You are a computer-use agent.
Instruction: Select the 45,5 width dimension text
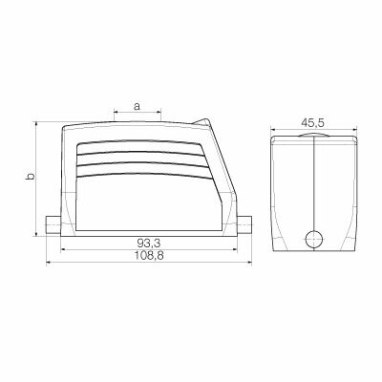[313, 121]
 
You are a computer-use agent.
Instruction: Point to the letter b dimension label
[29, 178]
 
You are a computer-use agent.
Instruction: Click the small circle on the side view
[314, 239]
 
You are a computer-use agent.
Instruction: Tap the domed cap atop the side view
[314, 136]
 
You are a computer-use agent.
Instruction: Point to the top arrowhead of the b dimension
[37, 125]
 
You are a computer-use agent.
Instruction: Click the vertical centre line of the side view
[314, 191]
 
